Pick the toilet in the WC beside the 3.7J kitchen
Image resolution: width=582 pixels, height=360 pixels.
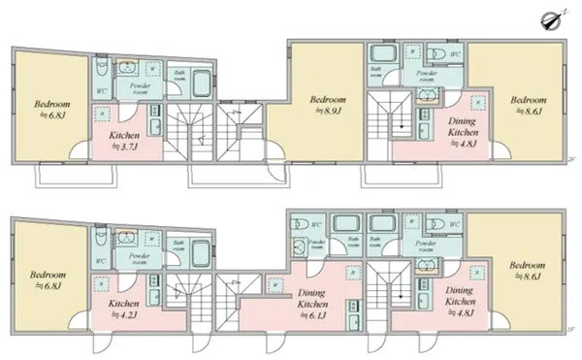(x=102, y=73)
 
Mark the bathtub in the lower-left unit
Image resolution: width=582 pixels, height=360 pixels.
(x=200, y=256)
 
